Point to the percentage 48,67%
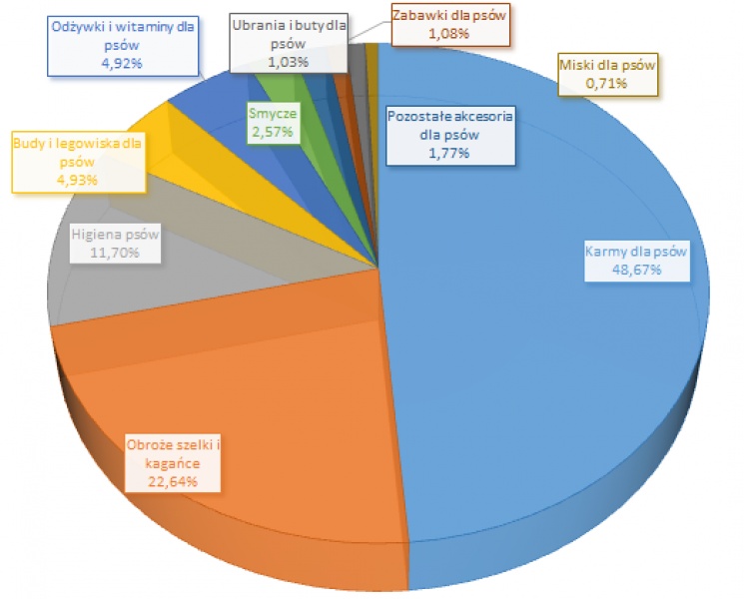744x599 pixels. click(635, 270)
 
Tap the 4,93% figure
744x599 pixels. click(78, 179)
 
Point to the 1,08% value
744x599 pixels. click(449, 33)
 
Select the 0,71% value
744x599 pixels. click(606, 83)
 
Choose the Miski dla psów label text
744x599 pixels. click(606, 66)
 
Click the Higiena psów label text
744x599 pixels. click(115, 237)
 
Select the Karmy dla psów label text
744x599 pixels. click(635, 253)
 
